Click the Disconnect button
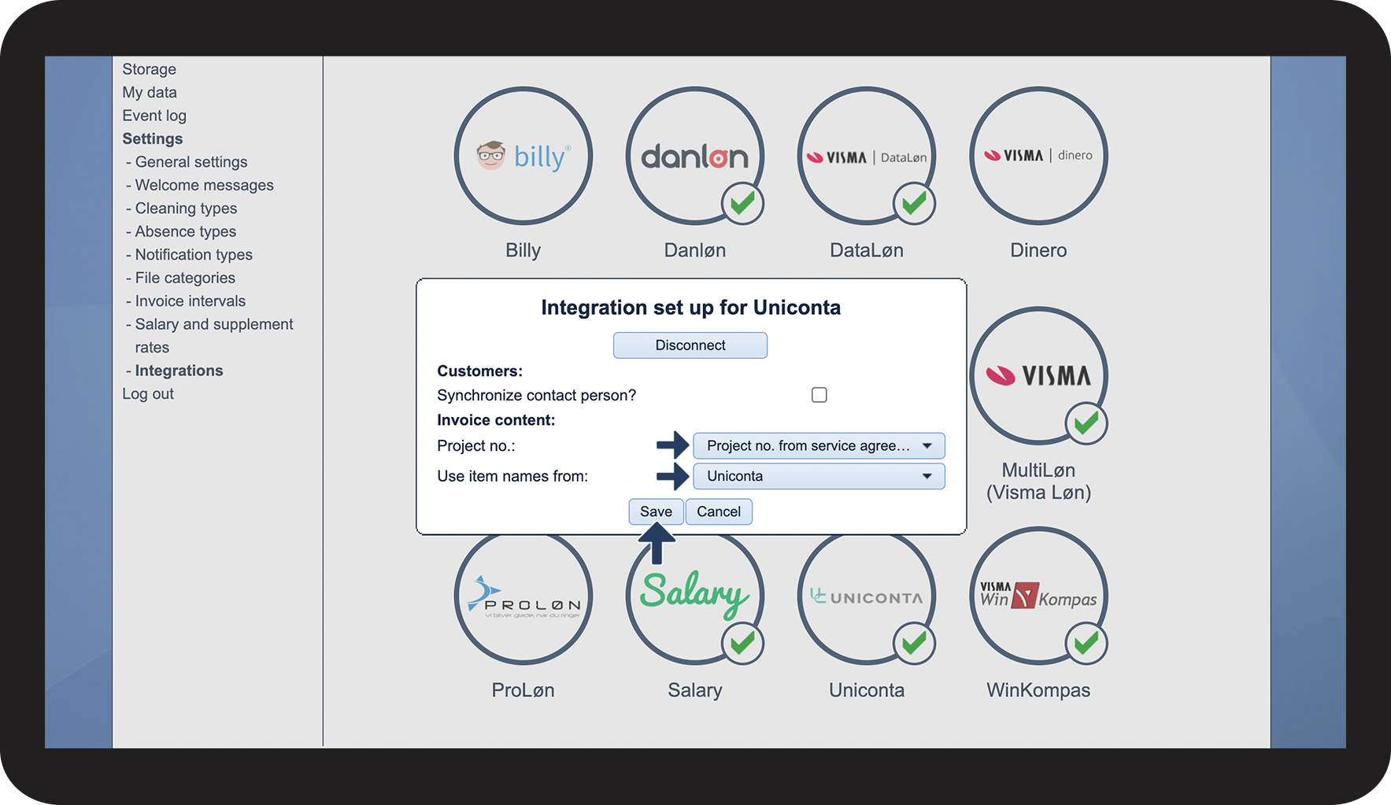pos(690,345)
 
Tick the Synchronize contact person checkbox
pos(819,395)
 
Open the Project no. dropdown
pos(819,446)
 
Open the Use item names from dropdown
pos(819,476)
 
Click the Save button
pos(656,511)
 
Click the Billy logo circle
pos(523,156)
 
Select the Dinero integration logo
pos(1038,156)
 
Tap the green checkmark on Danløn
pos(742,204)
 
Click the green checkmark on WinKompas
pos(1086,644)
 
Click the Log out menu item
pos(148,393)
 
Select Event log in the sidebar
pos(154,116)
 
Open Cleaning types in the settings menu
pos(186,209)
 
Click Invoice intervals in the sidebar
pos(190,301)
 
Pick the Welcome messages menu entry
pos(204,185)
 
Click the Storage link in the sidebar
pos(149,69)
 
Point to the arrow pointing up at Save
pos(656,545)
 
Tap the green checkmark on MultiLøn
pos(1086,423)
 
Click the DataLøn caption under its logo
pos(866,250)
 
